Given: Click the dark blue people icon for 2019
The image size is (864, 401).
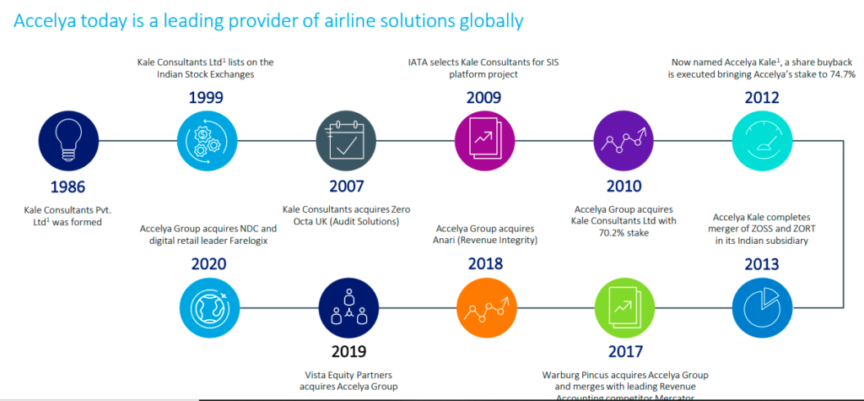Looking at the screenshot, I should click(341, 305).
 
